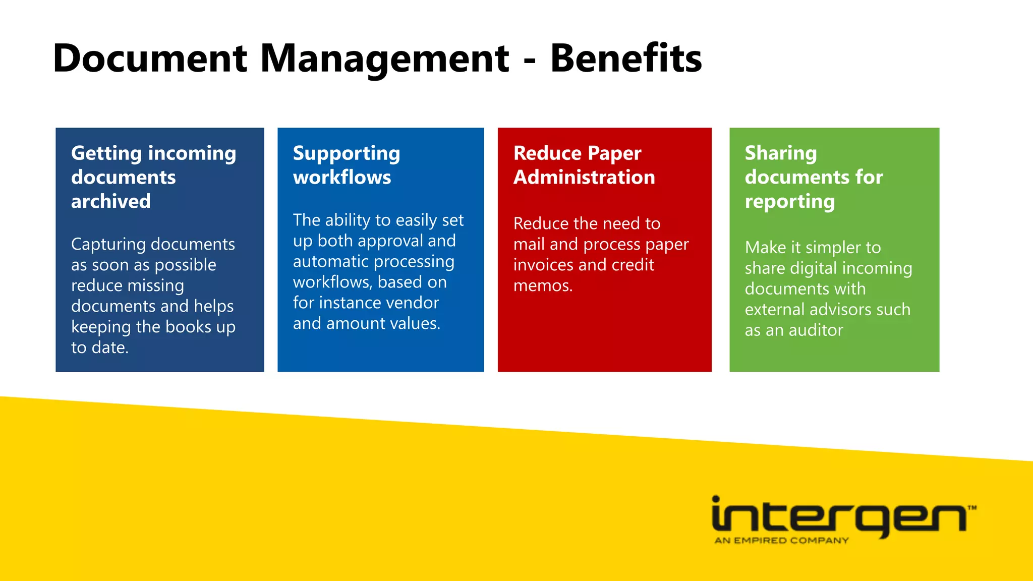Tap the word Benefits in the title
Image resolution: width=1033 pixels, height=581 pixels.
click(x=626, y=59)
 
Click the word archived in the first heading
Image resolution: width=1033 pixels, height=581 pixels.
click(x=111, y=201)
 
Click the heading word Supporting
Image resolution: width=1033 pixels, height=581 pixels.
click(x=347, y=154)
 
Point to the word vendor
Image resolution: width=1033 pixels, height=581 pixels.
click(x=410, y=303)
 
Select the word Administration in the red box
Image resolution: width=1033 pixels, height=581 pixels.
click(x=584, y=178)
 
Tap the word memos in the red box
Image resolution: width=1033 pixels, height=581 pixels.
click(x=541, y=285)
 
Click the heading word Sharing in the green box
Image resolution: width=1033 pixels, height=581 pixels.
click(x=780, y=153)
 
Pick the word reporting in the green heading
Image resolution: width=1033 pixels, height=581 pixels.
click(x=790, y=202)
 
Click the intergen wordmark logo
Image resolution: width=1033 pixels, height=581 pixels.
click(x=837, y=516)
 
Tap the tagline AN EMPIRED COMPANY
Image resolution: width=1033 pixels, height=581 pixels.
click(x=781, y=541)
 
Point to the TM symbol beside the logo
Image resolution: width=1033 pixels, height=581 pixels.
click(x=972, y=508)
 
